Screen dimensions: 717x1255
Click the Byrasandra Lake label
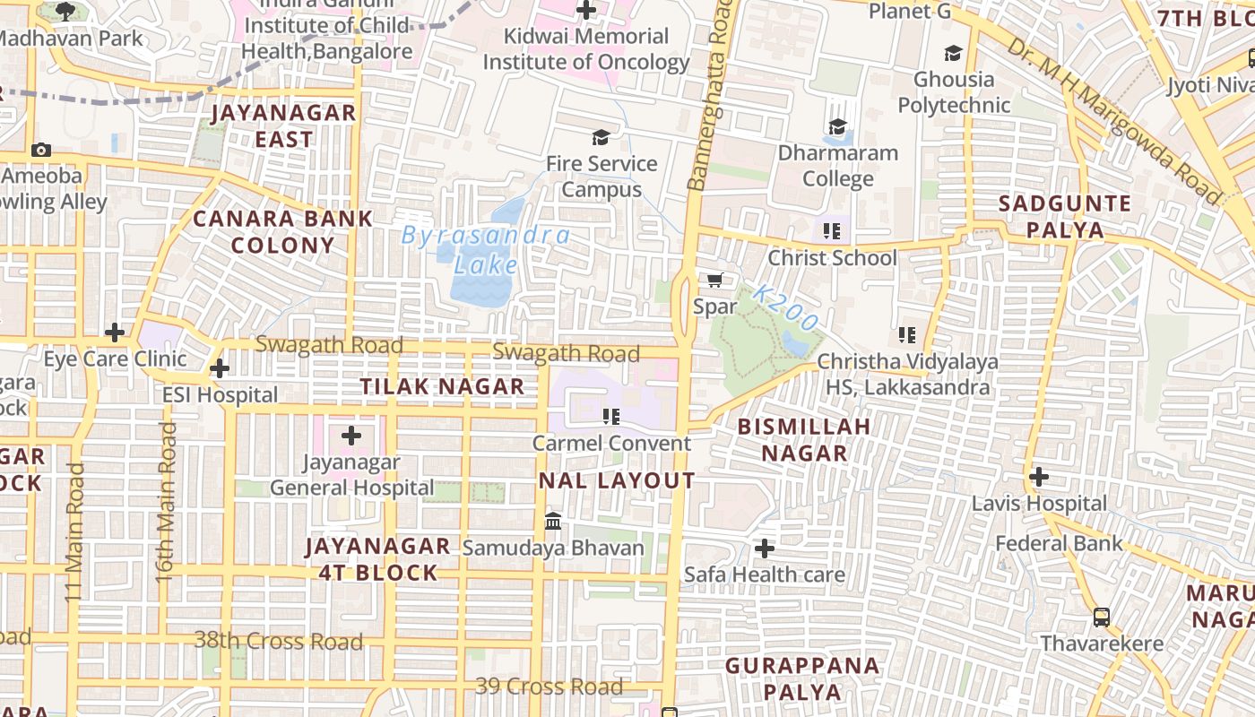485,250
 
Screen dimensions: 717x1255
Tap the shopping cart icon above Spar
714,281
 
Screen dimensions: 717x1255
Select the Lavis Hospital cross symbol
1038,477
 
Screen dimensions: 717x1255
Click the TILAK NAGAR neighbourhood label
442,386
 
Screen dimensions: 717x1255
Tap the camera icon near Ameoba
40,151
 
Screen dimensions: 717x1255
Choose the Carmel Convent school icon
611,416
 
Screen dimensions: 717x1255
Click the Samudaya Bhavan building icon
553,521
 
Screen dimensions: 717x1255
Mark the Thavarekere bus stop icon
1101,617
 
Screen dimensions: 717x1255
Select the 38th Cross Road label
279,641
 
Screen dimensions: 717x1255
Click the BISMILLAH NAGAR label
804,439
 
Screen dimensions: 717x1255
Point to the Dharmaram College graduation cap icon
837,127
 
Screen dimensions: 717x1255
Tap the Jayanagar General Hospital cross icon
351,436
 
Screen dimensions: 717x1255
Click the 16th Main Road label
166,502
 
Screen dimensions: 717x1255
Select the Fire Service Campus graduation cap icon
600,137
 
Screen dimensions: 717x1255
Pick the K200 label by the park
786,308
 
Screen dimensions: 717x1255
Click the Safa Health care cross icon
765,548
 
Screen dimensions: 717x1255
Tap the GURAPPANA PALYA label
802,678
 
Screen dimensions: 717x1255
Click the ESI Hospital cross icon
219,368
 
